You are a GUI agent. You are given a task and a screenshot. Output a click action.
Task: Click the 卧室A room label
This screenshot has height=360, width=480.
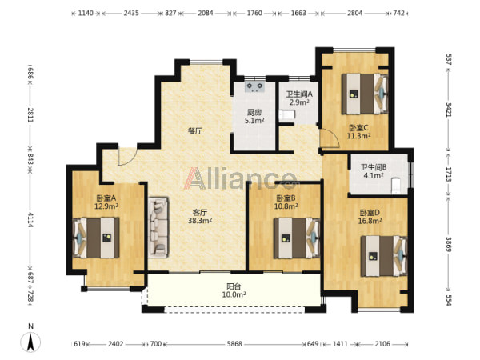(106, 198)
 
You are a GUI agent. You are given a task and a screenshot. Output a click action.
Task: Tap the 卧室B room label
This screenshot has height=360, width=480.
(286, 198)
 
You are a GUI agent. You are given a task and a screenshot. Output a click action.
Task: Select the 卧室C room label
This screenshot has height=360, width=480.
(358, 128)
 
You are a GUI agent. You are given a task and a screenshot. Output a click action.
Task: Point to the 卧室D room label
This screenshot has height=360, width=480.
(370, 213)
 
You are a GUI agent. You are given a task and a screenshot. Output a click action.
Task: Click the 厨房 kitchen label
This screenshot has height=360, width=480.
(254, 113)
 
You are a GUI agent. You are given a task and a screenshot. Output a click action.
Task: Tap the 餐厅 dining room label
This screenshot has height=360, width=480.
(195, 131)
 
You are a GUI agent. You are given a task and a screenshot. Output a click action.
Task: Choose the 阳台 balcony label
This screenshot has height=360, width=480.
(234, 287)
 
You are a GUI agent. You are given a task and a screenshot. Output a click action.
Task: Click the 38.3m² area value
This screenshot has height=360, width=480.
(200, 221)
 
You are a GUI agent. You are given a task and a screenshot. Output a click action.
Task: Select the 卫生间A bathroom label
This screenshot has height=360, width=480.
(299, 94)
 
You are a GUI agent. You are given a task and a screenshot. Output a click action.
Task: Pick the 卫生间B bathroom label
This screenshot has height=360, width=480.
(373, 167)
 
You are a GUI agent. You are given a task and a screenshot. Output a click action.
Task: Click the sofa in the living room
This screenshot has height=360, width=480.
(158, 227)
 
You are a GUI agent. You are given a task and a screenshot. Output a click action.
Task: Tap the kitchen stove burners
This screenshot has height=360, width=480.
(254, 87)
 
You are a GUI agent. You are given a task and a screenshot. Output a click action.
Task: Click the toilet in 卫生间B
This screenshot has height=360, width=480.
(396, 186)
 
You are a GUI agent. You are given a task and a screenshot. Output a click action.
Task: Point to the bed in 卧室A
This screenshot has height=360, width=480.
(96, 238)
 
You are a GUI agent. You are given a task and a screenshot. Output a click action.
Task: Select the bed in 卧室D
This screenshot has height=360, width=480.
(384, 256)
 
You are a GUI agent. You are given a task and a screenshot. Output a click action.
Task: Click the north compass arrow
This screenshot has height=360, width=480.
(30, 342)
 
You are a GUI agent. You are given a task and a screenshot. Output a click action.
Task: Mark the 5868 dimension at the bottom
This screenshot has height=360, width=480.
(234, 344)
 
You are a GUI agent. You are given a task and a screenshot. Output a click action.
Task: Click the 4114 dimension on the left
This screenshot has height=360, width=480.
(30, 220)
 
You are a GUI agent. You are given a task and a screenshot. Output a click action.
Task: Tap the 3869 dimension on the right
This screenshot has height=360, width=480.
(449, 244)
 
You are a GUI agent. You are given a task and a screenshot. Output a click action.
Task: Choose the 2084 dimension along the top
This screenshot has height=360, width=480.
(206, 13)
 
